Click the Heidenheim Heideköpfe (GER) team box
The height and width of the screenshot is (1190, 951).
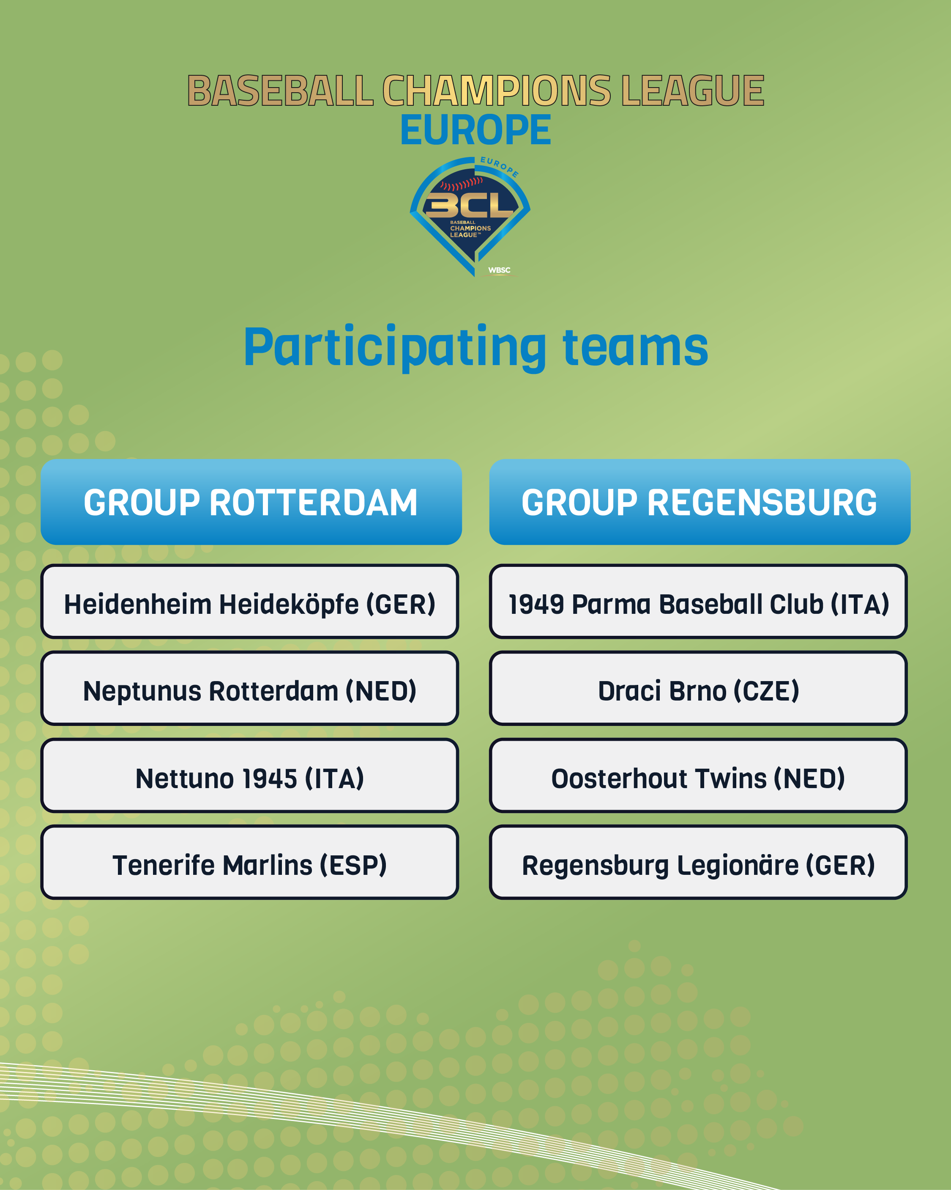[x=249, y=602]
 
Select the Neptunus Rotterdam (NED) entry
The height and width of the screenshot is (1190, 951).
[x=249, y=688]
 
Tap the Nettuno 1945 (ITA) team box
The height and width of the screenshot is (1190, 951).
[x=249, y=775]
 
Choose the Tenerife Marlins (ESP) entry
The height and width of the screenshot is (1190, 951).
[x=249, y=862]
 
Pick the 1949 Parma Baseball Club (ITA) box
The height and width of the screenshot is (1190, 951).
[x=698, y=602]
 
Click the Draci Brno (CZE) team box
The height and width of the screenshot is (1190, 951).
[x=698, y=688]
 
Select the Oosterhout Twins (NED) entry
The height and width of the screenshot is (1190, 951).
[x=698, y=775]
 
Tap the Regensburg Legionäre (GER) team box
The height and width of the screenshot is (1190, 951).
[x=698, y=862]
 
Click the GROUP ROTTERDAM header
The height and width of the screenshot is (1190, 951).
[x=251, y=502]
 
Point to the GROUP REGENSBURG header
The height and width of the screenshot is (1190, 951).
[x=700, y=502]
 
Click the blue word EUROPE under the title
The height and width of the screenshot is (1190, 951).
[x=475, y=130]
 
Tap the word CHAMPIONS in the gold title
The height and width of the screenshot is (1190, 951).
[x=497, y=91]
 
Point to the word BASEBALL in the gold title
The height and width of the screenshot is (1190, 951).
[x=280, y=91]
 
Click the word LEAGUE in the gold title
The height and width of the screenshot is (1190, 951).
[x=693, y=91]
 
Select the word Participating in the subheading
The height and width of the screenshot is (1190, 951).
[x=395, y=348]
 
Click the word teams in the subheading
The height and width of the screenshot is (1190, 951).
[x=635, y=348]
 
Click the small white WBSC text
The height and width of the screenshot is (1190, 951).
[x=499, y=270]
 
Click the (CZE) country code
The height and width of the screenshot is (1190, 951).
[x=766, y=691]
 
